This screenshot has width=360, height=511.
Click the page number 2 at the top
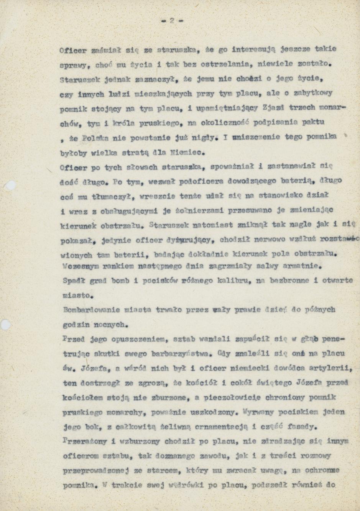(x=172, y=21)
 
